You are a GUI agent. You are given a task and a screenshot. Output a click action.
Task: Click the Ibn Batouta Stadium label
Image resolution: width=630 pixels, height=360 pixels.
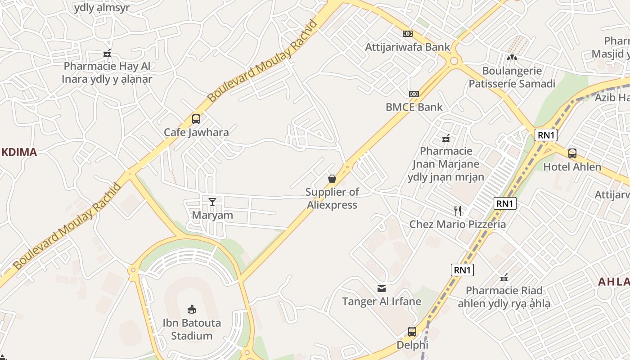192,329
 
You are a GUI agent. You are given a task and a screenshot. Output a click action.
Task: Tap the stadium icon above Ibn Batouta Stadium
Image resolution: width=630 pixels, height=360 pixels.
192,309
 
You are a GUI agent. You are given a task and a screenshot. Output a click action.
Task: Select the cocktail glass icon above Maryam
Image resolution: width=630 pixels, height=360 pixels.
212,202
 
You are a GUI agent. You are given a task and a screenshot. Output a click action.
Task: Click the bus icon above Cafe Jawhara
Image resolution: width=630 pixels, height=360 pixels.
196,119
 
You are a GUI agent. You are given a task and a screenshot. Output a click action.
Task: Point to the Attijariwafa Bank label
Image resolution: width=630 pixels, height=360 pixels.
407,47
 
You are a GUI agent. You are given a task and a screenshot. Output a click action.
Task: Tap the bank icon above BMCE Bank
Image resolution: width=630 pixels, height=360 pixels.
414,94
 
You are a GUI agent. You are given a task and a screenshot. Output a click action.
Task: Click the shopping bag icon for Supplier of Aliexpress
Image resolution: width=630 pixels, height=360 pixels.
332,179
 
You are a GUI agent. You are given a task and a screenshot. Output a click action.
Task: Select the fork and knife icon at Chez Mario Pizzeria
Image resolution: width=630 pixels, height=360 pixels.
458,211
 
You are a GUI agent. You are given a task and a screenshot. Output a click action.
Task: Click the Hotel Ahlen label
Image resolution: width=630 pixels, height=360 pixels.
572,167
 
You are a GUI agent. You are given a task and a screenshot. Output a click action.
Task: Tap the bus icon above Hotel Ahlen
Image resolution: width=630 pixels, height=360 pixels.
572,153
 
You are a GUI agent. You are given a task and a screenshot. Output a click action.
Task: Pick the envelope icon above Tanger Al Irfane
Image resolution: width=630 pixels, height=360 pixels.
382,288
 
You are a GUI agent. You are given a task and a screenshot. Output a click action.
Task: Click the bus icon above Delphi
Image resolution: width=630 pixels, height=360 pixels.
412,332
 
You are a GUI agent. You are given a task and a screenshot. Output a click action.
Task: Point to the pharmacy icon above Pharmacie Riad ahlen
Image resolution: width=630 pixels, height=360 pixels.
504,278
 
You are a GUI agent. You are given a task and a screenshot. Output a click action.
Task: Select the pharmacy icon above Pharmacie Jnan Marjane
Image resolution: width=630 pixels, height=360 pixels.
446,138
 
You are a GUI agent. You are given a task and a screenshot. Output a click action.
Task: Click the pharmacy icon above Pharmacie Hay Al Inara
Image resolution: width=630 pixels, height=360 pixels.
107,54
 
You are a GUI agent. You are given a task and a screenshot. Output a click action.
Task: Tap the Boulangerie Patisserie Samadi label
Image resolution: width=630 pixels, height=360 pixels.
512,77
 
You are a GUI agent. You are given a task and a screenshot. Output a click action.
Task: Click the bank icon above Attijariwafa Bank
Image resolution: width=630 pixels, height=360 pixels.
407,34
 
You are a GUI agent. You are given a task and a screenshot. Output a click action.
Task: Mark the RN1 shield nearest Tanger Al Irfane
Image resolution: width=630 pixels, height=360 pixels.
462,270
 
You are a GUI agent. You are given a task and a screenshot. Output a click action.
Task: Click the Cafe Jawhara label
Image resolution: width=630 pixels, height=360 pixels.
196,132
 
